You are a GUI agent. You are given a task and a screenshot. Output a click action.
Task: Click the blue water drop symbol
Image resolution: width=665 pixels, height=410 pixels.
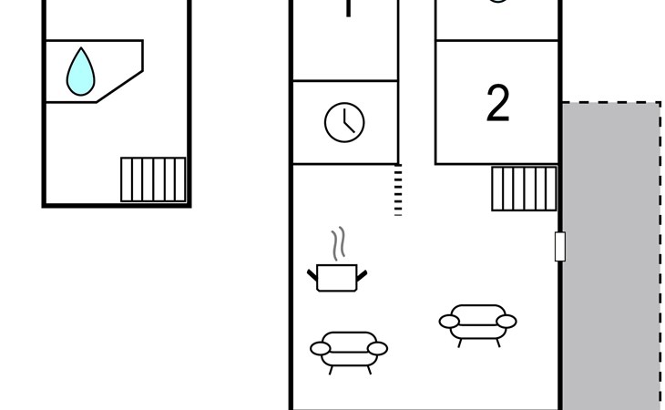(x=81, y=72)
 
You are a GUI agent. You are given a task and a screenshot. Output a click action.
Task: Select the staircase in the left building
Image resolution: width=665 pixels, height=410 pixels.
(x=153, y=179)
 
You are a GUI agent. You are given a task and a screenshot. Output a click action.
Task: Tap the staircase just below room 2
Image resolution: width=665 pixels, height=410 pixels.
(x=524, y=189)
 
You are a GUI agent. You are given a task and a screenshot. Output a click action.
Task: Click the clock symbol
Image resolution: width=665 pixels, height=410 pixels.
(x=344, y=122)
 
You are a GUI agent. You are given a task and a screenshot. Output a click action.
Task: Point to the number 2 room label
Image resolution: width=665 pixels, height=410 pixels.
(x=497, y=104)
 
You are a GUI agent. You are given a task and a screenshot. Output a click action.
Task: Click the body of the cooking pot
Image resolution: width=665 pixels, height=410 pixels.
(x=337, y=278)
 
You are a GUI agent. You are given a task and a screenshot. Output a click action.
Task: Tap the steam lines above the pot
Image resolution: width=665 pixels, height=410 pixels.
(x=339, y=244)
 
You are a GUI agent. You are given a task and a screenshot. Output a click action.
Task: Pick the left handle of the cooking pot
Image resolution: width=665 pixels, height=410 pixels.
(x=312, y=273)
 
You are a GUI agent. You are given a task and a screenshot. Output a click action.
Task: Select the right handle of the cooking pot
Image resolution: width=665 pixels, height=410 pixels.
(x=362, y=273)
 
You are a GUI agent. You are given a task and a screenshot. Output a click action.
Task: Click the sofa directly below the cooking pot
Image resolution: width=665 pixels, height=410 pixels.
(x=349, y=349)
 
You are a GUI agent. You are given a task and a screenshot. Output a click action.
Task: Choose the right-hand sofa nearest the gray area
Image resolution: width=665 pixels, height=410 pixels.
(x=478, y=323)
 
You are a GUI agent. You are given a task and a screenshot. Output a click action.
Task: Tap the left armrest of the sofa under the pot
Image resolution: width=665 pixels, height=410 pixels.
(x=320, y=348)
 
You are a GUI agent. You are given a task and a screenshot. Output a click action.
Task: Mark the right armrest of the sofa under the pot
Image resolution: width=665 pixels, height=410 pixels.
(x=378, y=348)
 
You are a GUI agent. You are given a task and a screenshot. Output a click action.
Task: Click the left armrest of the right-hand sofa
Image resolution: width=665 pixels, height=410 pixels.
(x=449, y=321)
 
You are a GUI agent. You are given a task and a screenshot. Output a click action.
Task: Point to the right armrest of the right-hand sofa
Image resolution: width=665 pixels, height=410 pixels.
(x=506, y=321)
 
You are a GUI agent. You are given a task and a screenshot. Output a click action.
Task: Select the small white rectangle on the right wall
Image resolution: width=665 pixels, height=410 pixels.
(x=559, y=246)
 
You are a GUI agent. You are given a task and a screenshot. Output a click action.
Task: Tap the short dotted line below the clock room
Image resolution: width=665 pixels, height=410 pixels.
(x=398, y=190)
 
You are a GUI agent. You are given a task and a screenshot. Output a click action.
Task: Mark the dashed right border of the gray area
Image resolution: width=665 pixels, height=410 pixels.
(x=660, y=255)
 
